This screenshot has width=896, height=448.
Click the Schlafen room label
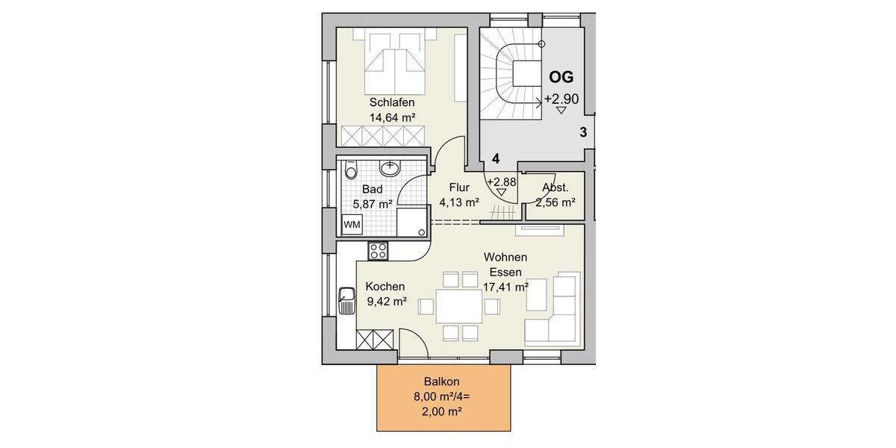pos(391,102)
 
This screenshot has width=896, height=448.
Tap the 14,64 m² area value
pos(391,117)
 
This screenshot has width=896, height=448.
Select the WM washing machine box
pos(350,223)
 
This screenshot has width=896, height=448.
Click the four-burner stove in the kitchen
pos(378,251)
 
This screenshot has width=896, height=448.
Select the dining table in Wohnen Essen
pos(459,306)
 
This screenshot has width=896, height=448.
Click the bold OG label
pos(561,77)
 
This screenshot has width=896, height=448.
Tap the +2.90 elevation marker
pos(561,99)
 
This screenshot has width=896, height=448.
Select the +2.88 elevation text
pos(501,181)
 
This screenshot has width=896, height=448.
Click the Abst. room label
pos(556,189)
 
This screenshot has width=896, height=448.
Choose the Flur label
pos(458,188)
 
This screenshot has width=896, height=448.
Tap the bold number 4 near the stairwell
pos(494,159)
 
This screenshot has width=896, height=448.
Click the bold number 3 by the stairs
pos(583,132)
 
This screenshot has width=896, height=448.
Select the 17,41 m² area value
pos(505,286)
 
